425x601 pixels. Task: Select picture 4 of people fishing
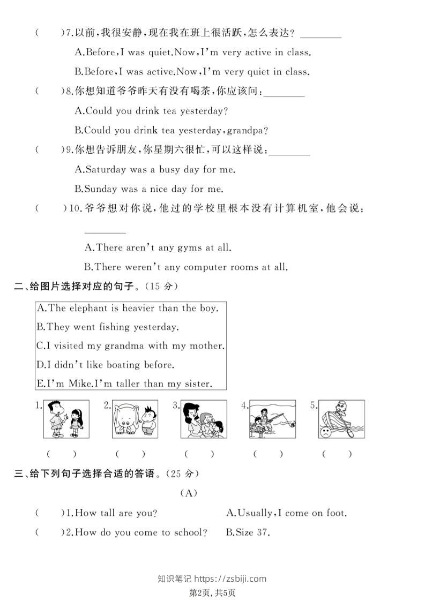tap(272, 419)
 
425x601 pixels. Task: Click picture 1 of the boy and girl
tap(65, 419)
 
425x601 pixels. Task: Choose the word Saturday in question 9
tap(106, 169)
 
